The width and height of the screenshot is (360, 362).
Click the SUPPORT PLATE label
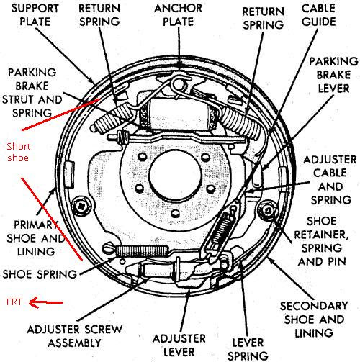pos(35,15)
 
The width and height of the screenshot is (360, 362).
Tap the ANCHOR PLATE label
pos(178,15)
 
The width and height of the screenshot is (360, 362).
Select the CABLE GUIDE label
pos(318,15)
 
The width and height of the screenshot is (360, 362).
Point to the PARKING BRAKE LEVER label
pos(333,75)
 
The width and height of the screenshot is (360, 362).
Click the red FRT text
pos(14,302)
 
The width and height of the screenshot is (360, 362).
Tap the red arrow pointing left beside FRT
pos(45,302)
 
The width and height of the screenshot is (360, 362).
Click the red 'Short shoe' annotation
pos(19,152)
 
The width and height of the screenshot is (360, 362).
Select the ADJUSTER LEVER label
pos(179,345)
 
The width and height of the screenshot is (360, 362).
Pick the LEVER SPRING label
pos(248,349)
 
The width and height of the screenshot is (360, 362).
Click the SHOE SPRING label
pos(40,274)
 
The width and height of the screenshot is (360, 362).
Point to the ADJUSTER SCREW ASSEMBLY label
pos(75,336)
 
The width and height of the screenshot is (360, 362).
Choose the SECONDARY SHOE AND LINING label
pos(314,320)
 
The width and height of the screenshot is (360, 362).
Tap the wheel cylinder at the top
pos(178,114)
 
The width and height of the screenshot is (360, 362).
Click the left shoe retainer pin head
pos(82,206)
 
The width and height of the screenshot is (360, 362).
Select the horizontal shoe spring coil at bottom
pos(142,251)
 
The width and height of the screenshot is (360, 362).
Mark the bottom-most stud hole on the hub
pos(176,212)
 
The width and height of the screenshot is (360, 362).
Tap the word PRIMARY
pos(36,225)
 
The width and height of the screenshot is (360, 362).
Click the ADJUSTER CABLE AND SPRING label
pos(330,180)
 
